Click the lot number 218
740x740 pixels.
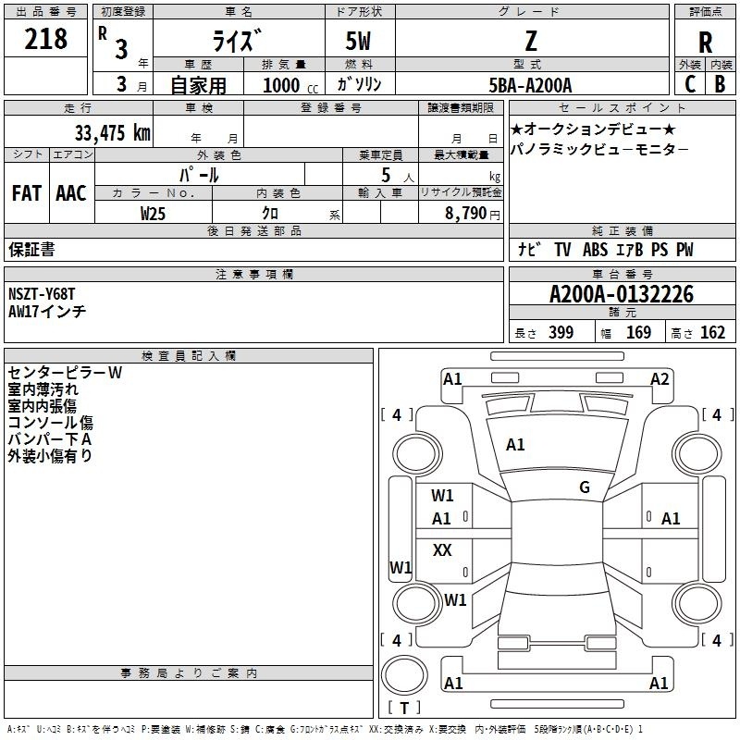45,39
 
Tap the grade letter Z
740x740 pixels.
531,41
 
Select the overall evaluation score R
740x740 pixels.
705,43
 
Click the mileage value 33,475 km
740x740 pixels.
112,132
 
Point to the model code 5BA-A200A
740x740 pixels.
530,85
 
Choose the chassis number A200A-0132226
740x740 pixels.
622,294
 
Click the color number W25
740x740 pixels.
153,214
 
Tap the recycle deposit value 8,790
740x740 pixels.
465,213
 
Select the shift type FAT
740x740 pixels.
27,193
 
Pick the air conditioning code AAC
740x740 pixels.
71,193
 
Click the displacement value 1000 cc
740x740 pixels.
290,85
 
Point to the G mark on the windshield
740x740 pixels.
585,487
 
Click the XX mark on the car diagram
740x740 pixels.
442,549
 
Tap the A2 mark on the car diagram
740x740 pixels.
660,379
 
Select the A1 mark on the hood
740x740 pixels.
515,445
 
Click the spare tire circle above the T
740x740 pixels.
404,675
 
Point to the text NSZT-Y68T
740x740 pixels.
42,294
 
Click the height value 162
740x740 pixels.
712,332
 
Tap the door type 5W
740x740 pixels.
358,41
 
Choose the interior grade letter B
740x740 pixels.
720,84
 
